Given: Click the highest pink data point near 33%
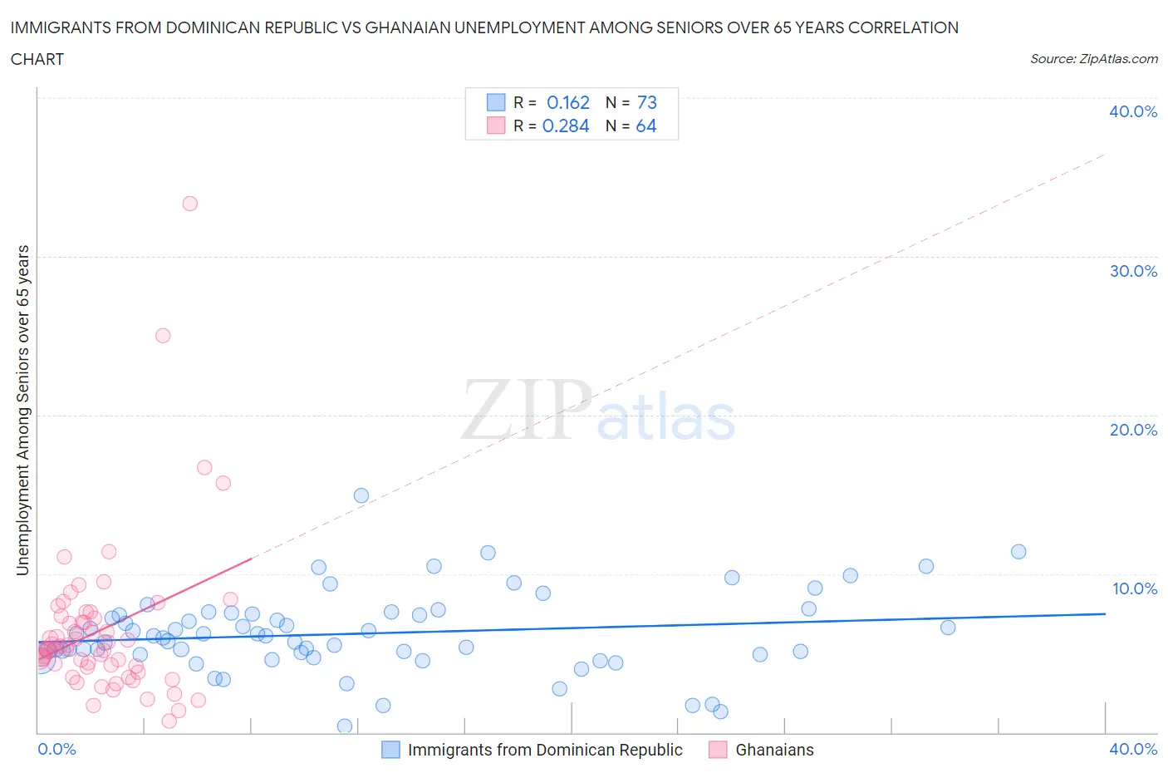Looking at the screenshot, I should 189,204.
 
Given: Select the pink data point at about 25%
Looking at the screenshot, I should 163,336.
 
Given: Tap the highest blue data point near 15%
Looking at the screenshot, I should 361,495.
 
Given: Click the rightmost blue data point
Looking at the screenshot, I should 1018,552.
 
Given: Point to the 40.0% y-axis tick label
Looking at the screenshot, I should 1133,111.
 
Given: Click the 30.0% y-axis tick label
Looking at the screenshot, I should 1133,271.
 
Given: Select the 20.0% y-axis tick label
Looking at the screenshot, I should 1133,430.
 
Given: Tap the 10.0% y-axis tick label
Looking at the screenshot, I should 1134,588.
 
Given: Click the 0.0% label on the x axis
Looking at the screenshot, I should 56,749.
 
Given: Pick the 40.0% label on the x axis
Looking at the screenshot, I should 1133,749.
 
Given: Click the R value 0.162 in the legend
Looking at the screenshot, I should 568,102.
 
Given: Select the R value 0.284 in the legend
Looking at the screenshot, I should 566,126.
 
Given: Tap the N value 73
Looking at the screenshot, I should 647,102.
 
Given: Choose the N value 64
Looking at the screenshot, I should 646,126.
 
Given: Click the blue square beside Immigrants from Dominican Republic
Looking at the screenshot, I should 390,750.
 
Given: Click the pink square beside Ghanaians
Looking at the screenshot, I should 718,750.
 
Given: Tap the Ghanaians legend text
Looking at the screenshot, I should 774,750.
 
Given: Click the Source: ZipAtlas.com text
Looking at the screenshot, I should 1093,59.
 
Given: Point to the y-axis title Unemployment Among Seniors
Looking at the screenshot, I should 23,410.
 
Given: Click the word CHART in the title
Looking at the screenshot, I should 37,59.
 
